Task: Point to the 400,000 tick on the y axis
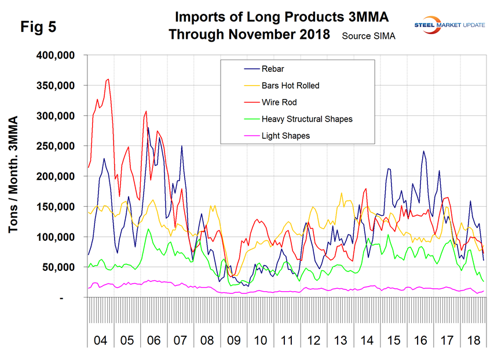[x=61, y=56]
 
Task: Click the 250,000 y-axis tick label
[x=61, y=146]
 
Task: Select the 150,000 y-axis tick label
[x=61, y=207]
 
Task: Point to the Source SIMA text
[x=368, y=36]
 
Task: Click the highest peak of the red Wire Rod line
[x=108, y=79]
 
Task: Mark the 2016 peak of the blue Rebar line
[x=424, y=151]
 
